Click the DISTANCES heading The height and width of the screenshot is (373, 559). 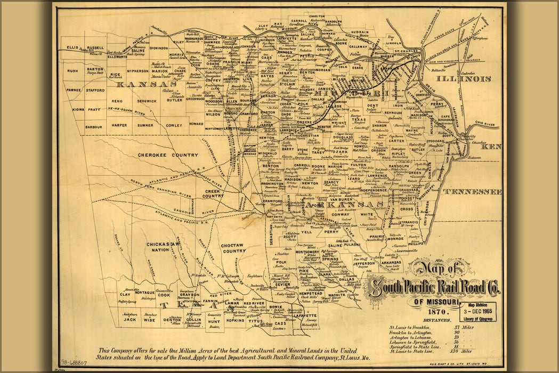coord(438,321)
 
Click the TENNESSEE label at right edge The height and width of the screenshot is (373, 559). coord(472,191)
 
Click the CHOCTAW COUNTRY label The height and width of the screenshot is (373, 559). coord(233,248)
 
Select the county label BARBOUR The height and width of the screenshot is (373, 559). coord(94,127)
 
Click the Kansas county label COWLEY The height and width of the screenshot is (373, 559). coord(174,125)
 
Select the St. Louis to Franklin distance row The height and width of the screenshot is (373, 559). coord(426,327)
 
